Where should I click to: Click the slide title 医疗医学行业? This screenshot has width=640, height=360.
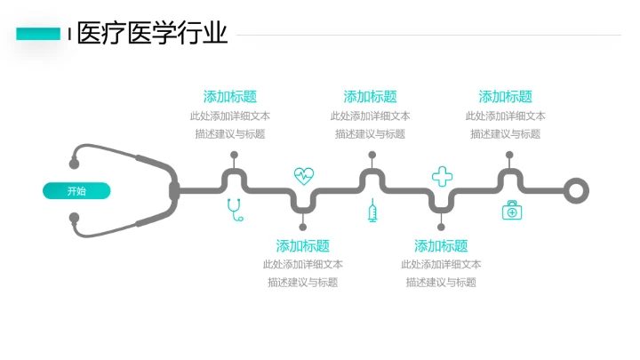point(152,34)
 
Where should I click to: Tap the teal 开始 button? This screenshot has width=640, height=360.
point(76,190)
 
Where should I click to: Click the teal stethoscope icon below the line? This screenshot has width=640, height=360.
point(235,210)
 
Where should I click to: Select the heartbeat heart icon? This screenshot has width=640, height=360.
point(304,174)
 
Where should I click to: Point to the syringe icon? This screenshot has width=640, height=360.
point(372,211)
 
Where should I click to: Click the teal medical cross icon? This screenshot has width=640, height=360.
point(442,175)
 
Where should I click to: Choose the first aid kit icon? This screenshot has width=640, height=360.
point(511,211)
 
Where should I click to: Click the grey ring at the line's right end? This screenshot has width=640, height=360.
point(577,190)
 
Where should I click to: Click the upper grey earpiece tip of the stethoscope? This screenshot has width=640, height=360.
point(75,163)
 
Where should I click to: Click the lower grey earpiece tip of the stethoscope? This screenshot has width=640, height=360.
point(75,220)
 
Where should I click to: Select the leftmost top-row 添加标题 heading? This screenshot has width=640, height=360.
point(230,97)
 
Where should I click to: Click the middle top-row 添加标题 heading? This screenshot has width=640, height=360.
point(370,97)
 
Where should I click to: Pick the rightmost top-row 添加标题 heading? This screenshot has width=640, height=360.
point(505,97)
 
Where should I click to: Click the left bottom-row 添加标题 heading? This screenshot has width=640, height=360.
point(303,245)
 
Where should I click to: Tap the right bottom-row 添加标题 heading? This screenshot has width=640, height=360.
point(441,245)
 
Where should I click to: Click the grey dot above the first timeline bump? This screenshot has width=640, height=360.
point(234,155)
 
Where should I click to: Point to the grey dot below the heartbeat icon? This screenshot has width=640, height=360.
point(303,227)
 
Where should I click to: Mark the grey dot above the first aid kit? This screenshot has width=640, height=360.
point(509,155)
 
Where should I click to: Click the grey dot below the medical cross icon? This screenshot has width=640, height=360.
point(441,227)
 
